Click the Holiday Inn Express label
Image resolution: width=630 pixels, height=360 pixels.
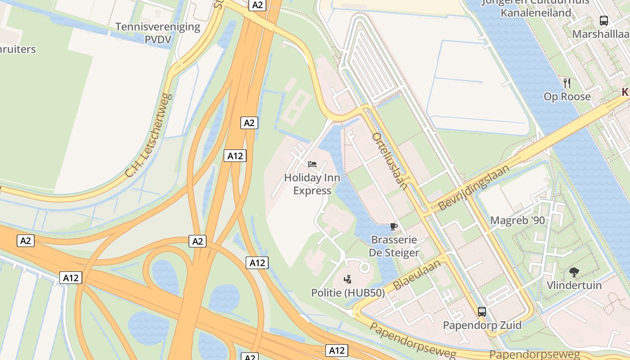(312, 184)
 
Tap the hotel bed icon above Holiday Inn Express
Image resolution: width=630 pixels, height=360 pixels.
(312, 164)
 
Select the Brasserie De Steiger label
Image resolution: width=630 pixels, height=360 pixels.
(394, 246)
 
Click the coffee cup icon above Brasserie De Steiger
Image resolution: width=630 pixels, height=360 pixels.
(394, 226)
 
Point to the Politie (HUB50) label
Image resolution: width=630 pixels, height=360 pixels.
(348, 293)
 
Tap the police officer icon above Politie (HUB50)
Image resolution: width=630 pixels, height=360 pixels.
(347, 279)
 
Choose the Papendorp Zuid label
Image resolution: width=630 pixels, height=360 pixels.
(482, 325)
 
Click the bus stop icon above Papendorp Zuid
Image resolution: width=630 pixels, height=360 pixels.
(482, 311)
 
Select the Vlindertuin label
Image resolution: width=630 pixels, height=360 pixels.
(574, 285)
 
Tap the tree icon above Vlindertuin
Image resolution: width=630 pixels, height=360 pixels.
(574, 272)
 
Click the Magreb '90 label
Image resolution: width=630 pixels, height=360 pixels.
(517, 220)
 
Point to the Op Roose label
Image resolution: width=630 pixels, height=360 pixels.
(567, 97)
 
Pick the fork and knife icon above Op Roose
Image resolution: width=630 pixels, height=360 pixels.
(567, 83)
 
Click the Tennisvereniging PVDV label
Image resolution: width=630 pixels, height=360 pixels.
(157, 33)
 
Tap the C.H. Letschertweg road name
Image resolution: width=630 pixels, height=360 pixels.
(148, 135)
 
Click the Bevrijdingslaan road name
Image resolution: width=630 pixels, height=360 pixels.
(473, 188)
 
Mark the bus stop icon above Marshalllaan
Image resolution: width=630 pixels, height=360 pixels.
(604, 20)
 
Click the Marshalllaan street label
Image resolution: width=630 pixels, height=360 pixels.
(600, 34)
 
